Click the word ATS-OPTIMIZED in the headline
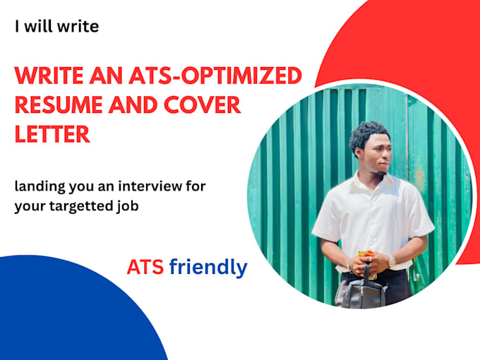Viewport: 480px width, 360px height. coord(215,76)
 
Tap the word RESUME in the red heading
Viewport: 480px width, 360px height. coord(59,105)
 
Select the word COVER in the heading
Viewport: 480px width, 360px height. coord(203,105)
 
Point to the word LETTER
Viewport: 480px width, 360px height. coord(52,134)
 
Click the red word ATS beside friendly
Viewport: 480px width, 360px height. coord(145,268)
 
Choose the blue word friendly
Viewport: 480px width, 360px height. coord(208,268)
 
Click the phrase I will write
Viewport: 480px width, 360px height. coord(57,27)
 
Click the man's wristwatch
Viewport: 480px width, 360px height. coord(392,262)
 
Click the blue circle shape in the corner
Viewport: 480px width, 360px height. coord(71,312)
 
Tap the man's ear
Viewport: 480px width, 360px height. coord(358,152)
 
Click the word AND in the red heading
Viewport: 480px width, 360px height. coord(133,105)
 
